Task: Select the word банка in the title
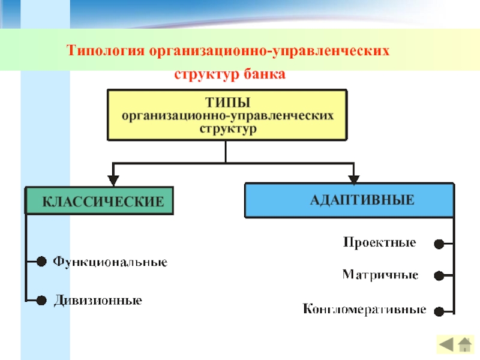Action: coord(265,74)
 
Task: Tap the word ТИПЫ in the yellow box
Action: coord(228,103)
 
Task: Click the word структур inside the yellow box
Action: coord(228,128)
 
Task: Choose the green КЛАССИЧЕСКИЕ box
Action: coord(99,200)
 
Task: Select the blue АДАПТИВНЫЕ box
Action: coord(349,200)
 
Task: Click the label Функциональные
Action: coord(110,262)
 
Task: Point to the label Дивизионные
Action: coord(98,301)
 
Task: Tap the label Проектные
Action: coord(380,242)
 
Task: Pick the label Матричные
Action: coord(380,275)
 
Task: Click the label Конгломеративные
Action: coord(364,309)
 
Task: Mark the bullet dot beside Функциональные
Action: coord(41,262)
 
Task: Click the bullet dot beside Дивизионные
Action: coord(41,301)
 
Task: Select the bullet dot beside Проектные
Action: coord(439,244)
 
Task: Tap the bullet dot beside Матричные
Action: coord(439,276)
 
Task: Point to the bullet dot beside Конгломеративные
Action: coord(439,311)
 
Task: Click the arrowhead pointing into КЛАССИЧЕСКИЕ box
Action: coord(113,181)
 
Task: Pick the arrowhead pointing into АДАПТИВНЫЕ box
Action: coord(354,179)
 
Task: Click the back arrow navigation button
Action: coord(446,345)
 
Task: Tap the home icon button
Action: coord(464,344)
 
